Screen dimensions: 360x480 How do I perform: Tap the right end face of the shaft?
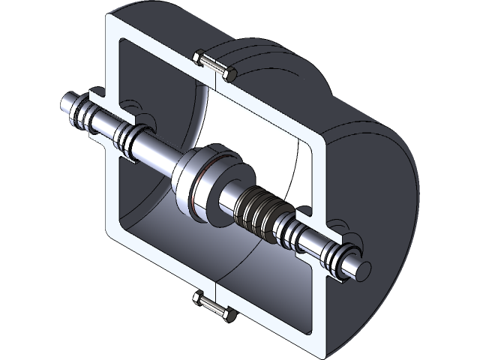364,265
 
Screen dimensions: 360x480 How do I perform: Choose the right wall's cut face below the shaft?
319,300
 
